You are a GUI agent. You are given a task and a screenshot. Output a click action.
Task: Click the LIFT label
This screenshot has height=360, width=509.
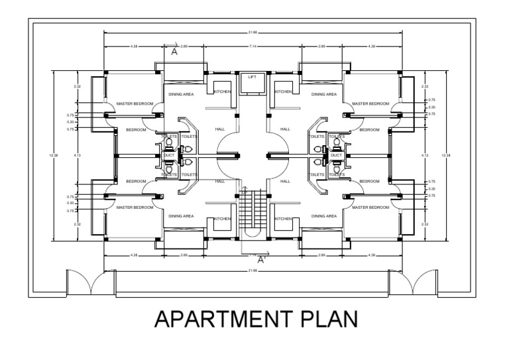pos(252,77)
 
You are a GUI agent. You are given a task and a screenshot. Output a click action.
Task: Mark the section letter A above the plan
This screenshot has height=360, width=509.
pos(174,51)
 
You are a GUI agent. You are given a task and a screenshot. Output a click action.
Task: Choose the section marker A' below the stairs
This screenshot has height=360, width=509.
pos(261,261)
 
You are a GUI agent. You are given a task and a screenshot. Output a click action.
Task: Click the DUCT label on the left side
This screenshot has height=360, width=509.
pos(168,155)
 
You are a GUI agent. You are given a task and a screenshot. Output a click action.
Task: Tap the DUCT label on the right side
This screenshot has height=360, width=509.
pos(336,155)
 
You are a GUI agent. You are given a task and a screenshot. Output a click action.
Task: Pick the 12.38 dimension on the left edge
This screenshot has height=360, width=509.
pos(54,155)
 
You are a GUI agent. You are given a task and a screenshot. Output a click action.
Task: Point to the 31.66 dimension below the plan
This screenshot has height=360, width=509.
pos(252,270)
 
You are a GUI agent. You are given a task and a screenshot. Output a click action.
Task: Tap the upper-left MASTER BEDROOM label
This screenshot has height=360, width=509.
pos(135,103)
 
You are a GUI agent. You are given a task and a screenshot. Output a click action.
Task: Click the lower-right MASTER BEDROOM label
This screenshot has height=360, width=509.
pos(370,208)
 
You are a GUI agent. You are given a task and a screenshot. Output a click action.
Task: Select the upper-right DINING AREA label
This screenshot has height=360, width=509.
pos(323,94)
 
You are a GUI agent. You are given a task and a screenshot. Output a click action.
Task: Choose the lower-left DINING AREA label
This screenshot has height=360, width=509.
pos(181,216)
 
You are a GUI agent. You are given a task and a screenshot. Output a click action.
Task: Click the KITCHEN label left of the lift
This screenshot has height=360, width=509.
pos(222,91)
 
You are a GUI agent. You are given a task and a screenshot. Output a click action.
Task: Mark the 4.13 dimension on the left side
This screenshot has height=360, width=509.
pos(78,155)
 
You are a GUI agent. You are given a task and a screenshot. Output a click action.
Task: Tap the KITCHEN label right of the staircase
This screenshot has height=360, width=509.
pos(283,219)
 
